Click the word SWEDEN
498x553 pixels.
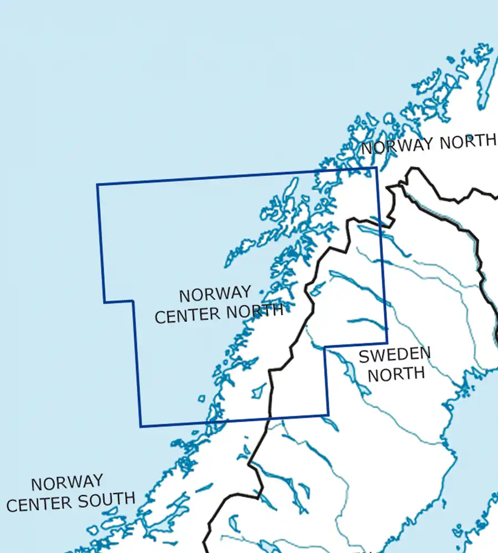pyautogui.click(x=395, y=355)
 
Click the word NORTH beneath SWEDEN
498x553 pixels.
pyautogui.click(x=396, y=374)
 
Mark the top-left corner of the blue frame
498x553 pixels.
pyautogui.click(x=97, y=185)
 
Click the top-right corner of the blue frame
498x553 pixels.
pyautogui.click(x=376, y=168)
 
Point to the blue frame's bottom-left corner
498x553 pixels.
pyautogui.click(x=141, y=426)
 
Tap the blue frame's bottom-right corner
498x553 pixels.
pyautogui.click(x=328, y=415)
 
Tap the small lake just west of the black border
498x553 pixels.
pyautogui.click(x=258, y=392)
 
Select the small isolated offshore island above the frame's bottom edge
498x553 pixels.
pyautogui.click(x=201, y=399)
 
